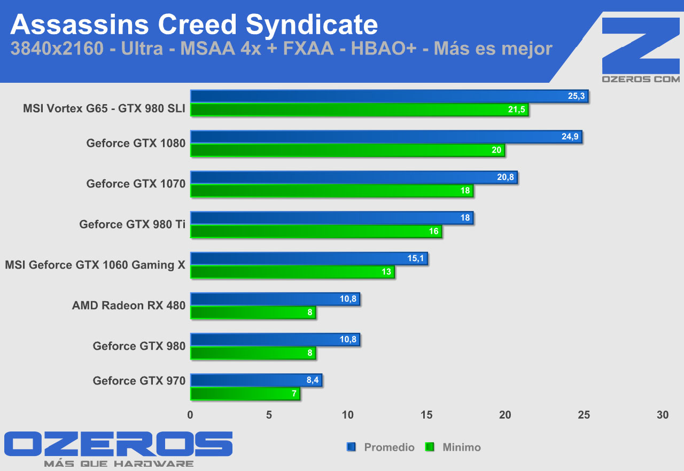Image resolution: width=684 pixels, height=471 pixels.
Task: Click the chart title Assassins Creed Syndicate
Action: [x=194, y=25]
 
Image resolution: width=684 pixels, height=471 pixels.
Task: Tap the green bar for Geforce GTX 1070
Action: [x=331, y=191]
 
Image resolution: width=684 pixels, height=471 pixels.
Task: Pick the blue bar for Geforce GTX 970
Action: [x=256, y=380]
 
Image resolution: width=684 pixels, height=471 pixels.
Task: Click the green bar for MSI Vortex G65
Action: [x=359, y=109]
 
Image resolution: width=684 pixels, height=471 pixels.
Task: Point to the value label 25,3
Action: [x=577, y=96]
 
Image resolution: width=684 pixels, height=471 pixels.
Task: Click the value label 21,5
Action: [x=517, y=109]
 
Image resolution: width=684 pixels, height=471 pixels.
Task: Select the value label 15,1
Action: [x=416, y=258]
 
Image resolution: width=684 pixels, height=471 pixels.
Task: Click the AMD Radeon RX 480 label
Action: [x=129, y=305]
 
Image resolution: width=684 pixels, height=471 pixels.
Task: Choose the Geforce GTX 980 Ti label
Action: [x=132, y=224]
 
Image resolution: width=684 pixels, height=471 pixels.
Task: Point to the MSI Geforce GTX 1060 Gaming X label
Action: [x=95, y=265]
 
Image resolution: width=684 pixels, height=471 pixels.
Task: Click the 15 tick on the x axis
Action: [x=427, y=415]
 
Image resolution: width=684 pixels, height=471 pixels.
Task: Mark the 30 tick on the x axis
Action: [x=663, y=415]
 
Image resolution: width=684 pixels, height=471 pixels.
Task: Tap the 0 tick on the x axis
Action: [x=191, y=415]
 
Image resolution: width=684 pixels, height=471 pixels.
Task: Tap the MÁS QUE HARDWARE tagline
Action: [x=119, y=464]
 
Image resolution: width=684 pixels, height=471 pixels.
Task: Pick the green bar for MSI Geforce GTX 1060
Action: [x=292, y=272]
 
